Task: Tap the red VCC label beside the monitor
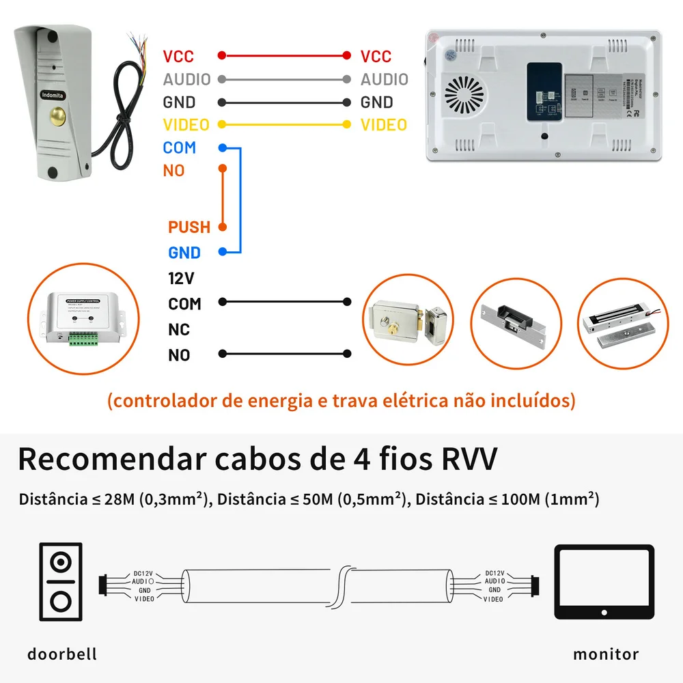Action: pos(376,56)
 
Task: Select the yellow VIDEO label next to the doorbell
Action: pos(186,125)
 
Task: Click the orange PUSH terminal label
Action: pos(189,227)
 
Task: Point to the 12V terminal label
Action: pos(181,279)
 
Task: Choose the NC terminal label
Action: pos(179,330)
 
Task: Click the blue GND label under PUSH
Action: pos(184,253)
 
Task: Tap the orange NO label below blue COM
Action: pos(173,171)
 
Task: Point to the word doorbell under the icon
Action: pos(62,654)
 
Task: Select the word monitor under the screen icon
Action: pos(606,654)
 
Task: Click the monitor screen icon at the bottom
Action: pos(604,581)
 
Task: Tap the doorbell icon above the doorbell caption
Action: pos(61,582)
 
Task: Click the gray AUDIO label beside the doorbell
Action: pos(186,79)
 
